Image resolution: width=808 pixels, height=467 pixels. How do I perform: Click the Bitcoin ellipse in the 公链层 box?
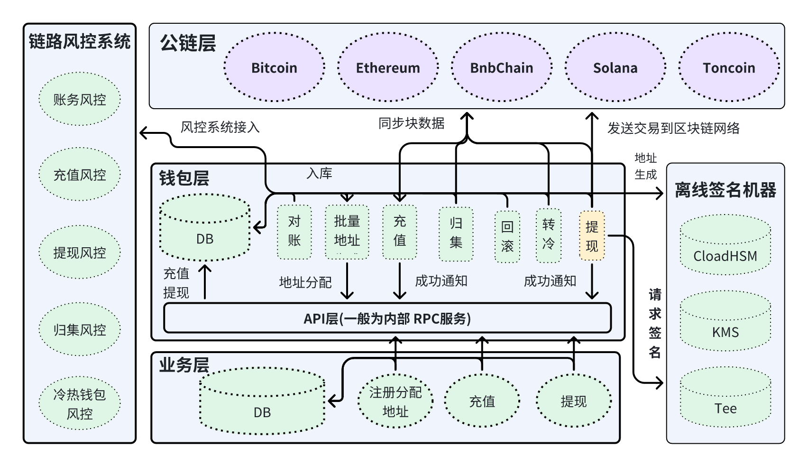click(274, 67)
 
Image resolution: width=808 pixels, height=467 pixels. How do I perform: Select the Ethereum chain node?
click(388, 67)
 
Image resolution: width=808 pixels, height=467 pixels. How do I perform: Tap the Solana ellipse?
click(615, 67)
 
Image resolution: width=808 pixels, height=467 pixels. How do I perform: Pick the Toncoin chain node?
click(729, 67)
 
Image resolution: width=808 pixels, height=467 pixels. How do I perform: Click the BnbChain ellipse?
click(502, 67)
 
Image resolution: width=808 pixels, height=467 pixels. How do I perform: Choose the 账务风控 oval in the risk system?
click(80, 99)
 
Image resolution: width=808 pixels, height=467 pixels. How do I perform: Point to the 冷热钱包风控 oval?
click(80, 403)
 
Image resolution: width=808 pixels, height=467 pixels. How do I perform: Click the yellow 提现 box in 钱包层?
click(592, 236)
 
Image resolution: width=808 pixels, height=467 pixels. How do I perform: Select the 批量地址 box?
click(347, 232)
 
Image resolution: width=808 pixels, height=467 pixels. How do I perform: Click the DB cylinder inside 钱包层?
click(205, 227)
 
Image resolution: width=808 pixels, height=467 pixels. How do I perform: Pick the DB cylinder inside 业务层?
click(262, 401)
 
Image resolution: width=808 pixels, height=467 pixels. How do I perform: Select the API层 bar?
click(387, 318)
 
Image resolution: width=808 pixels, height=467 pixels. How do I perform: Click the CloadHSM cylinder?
click(725, 245)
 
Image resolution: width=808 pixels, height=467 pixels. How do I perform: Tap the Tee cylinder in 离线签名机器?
click(725, 397)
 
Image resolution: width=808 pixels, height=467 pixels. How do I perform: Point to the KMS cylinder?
click(725, 321)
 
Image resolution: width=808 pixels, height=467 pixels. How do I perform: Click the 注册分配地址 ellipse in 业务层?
click(395, 401)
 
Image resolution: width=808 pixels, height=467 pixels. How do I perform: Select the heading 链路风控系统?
click(80, 41)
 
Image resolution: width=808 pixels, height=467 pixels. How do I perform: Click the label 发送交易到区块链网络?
click(673, 128)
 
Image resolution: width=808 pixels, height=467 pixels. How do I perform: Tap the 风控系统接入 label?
click(220, 127)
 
